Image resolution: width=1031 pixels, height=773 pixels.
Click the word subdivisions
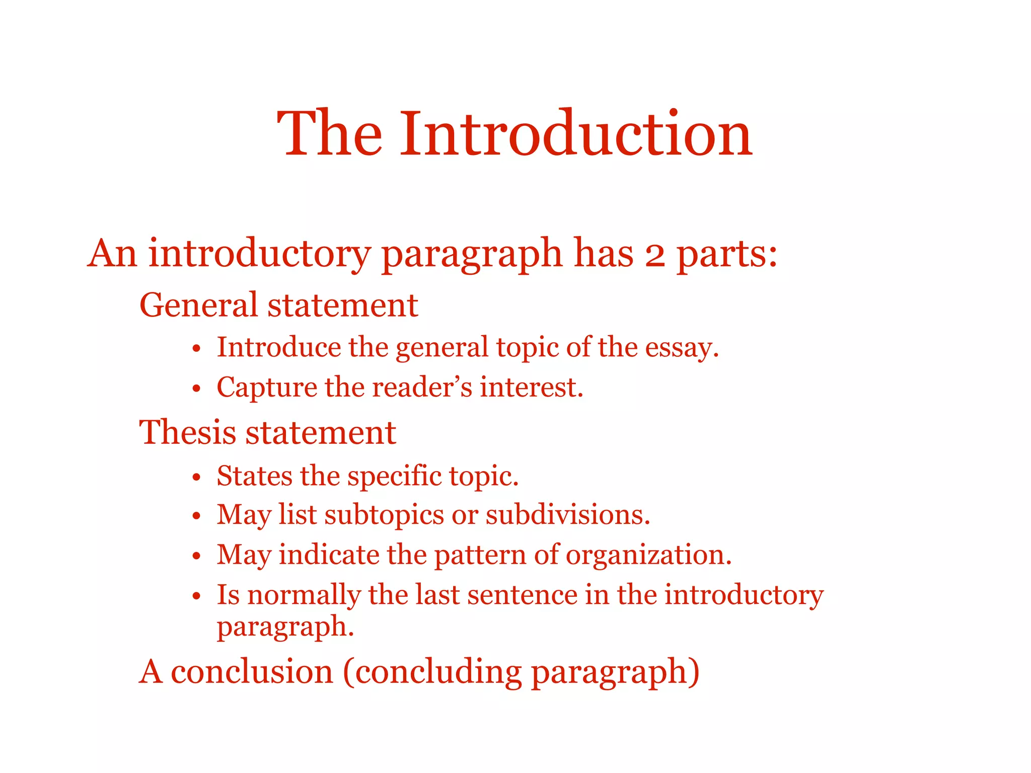coord(567,515)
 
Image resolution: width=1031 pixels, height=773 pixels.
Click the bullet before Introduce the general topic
coord(197,349)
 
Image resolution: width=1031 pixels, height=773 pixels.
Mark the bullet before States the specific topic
coord(197,477)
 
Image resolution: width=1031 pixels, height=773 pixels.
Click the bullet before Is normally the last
coord(197,596)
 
